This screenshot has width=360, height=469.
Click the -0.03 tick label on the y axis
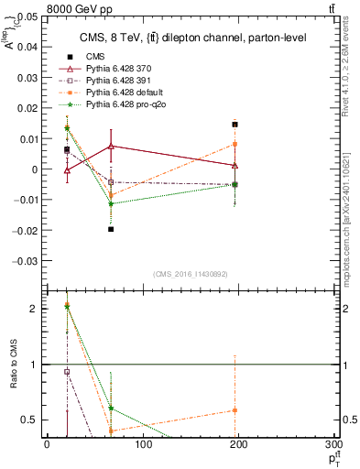25,260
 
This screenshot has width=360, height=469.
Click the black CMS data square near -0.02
111,229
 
